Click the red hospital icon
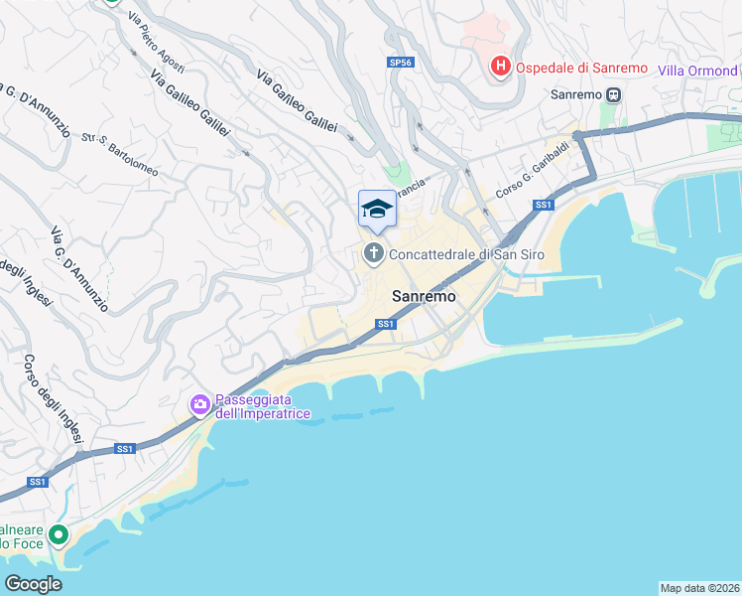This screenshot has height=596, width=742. coord(501,68)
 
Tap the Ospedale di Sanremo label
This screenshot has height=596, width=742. coord(580,69)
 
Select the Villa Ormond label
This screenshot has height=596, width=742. coord(696,72)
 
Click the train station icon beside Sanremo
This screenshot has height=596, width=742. coord(614,94)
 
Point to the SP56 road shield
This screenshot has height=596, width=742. coord(399,62)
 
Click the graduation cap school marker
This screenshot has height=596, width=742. coord(376,209)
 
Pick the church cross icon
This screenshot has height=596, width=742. coord(374,254)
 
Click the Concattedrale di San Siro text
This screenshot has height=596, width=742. coord(466,255)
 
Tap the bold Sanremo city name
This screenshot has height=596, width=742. coord(424,296)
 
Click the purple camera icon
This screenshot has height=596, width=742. coord(199,404)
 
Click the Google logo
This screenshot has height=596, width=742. coord(33,584)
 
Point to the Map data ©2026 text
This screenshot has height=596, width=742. coord(699,587)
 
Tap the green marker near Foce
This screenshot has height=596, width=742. coord(59,535)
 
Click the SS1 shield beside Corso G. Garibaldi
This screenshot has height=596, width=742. coord(543,205)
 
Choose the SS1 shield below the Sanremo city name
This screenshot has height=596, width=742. coord(386,324)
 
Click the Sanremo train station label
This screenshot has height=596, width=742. coord(577,94)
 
